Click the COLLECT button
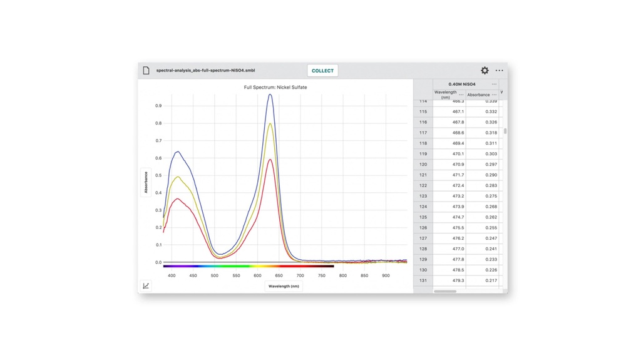coord(322,71)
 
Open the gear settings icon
coord(485,71)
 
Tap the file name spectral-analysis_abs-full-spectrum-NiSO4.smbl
coord(205,71)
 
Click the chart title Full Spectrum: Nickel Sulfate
coord(275,88)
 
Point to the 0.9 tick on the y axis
coord(158,106)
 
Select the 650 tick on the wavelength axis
coord(279,275)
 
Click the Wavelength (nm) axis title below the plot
coord(284,286)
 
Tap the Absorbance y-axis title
coord(146,182)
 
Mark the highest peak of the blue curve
coord(270,95)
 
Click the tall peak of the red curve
coord(270,160)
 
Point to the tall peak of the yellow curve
coord(270,123)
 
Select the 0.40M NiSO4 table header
coord(462,84)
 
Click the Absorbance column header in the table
coord(478,95)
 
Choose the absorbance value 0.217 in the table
coord(482,280)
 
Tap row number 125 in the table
coord(423,217)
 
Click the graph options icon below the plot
coord(146,286)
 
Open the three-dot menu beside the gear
coord(499,71)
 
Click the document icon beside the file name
coord(146,71)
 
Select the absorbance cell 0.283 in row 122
coord(482,185)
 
